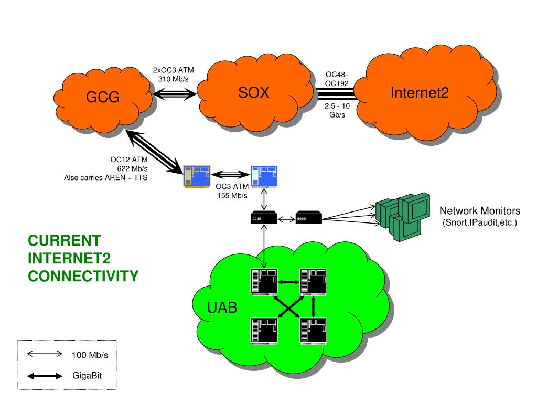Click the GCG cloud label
[x=103, y=98]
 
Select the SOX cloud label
[x=254, y=93]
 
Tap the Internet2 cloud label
[x=420, y=93]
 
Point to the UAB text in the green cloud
[x=222, y=308]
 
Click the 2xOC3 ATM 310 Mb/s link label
[x=174, y=75]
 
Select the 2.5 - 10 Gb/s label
[x=337, y=111]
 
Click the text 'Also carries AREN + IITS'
[x=105, y=177]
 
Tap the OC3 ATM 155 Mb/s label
[x=231, y=191]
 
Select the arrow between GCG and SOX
[x=174, y=94]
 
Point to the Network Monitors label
[x=479, y=211]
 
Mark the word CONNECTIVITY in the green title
[x=83, y=275]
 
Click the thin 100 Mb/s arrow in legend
[x=45, y=354]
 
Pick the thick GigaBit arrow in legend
[x=45, y=376]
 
